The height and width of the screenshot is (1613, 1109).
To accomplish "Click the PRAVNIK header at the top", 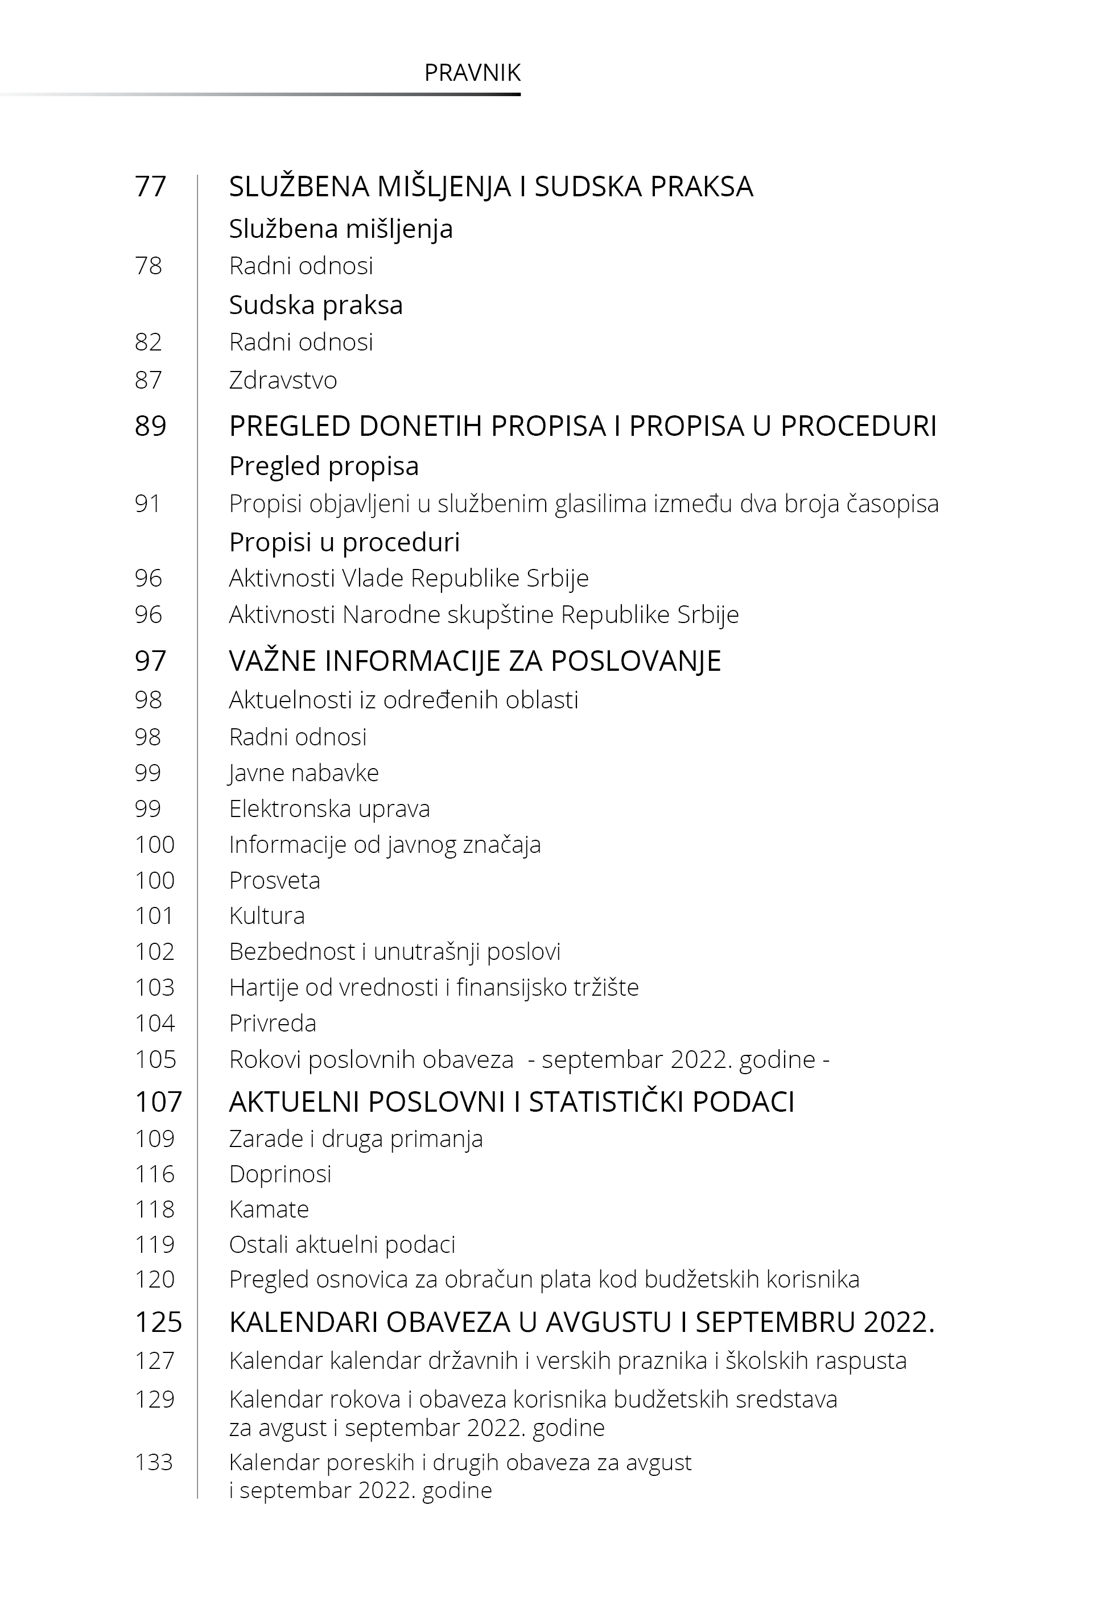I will [x=472, y=73].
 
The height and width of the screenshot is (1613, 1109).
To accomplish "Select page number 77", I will [x=150, y=187].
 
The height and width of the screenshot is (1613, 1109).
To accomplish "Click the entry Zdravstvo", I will [x=283, y=380].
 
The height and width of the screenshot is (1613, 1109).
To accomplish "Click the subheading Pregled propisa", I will [x=324, y=466].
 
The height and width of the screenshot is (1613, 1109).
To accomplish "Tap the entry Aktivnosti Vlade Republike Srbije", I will [x=409, y=578].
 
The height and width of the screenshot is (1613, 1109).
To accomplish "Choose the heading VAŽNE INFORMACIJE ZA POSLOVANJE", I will [x=475, y=661].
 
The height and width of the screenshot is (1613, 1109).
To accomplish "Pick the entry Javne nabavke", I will [x=304, y=773].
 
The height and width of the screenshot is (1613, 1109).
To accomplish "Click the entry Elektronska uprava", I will [x=329, y=808].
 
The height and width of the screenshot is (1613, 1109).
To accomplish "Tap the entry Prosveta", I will [x=274, y=880].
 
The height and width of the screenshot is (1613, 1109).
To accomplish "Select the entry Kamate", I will [x=269, y=1210].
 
